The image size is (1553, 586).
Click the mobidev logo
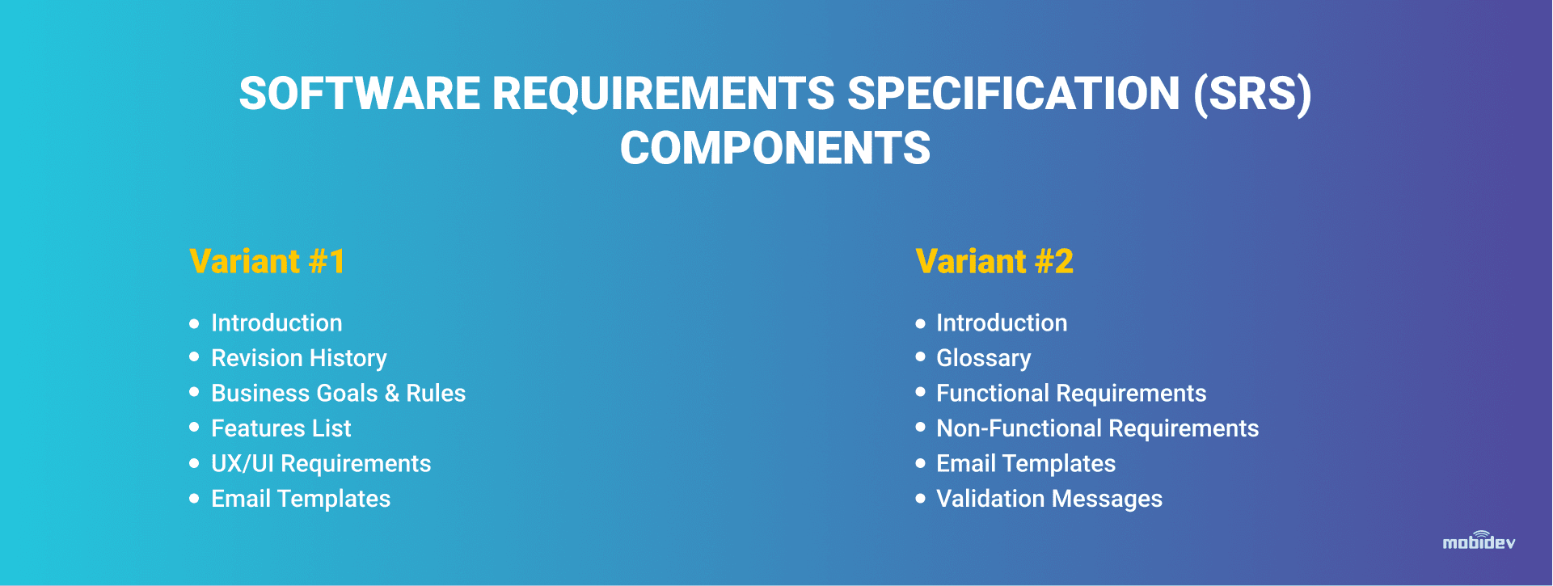[x=1479, y=541]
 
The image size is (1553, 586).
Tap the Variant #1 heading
[x=268, y=261]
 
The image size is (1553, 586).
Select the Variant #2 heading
[x=994, y=261]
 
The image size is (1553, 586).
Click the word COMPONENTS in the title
[x=775, y=148]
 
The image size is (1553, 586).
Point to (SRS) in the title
[x=1252, y=94]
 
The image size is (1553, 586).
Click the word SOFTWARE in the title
[x=360, y=93]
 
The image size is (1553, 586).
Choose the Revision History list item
[x=299, y=358]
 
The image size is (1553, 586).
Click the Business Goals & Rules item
[x=338, y=393]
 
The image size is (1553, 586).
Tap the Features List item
[x=281, y=428]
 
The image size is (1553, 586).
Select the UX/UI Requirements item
[x=321, y=464]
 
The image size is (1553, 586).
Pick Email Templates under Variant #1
[x=301, y=499]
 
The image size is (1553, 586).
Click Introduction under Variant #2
[x=1002, y=323]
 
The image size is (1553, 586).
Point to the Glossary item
[x=983, y=358]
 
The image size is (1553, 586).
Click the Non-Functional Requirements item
[x=1097, y=428]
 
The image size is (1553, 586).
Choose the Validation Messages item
[x=1049, y=499]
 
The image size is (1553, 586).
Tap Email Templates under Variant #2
[x=1026, y=464]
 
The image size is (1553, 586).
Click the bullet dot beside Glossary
[x=920, y=356]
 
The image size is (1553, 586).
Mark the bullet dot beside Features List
[x=194, y=427]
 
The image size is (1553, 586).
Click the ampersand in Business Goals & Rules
[x=392, y=394]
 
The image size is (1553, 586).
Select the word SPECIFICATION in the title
[x=1014, y=93]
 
